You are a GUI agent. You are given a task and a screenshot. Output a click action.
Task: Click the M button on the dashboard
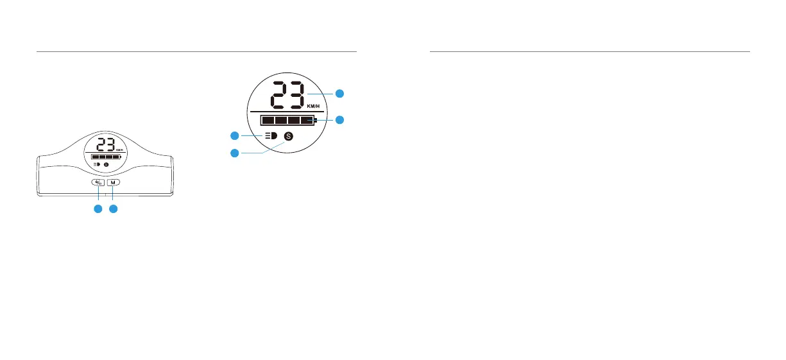click(x=114, y=183)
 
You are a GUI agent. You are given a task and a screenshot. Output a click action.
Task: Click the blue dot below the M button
click(x=114, y=209)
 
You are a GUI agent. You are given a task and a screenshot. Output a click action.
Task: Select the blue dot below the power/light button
click(x=98, y=209)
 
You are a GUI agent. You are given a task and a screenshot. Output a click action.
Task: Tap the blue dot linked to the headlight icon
click(x=235, y=135)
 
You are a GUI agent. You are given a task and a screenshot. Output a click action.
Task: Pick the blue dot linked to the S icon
click(x=235, y=153)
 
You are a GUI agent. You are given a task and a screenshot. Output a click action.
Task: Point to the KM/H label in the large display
click(x=314, y=107)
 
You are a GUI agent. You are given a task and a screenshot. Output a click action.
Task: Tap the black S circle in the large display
click(x=289, y=136)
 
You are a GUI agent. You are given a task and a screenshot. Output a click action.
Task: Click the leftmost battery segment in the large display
click(x=268, y=121)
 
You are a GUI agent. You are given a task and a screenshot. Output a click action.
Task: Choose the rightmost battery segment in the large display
click(x=307, y=121)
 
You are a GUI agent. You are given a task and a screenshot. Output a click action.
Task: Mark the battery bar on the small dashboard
click(x=106, y=157)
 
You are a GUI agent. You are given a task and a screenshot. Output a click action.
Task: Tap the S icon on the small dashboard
click(x=107, y=165)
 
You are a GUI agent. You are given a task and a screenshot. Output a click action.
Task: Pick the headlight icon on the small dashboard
click(x=97, y=165)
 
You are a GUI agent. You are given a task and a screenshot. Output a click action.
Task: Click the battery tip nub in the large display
click(x=316, y=121)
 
